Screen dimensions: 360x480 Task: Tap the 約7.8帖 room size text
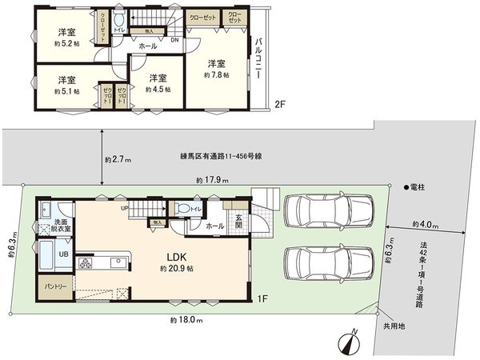pos(216,74)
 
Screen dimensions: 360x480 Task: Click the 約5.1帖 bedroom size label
pos(66,91)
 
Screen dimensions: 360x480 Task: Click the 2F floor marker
pos(278,104)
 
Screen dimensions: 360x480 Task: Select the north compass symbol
pos(350,342)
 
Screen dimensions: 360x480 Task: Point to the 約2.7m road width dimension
pos(118,159)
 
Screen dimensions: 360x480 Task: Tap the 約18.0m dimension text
pos(186,319)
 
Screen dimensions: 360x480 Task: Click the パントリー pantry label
pos(55,286)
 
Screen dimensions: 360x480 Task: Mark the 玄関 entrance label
pos(238,220)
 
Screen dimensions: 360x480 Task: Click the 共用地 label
pos(394,327)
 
